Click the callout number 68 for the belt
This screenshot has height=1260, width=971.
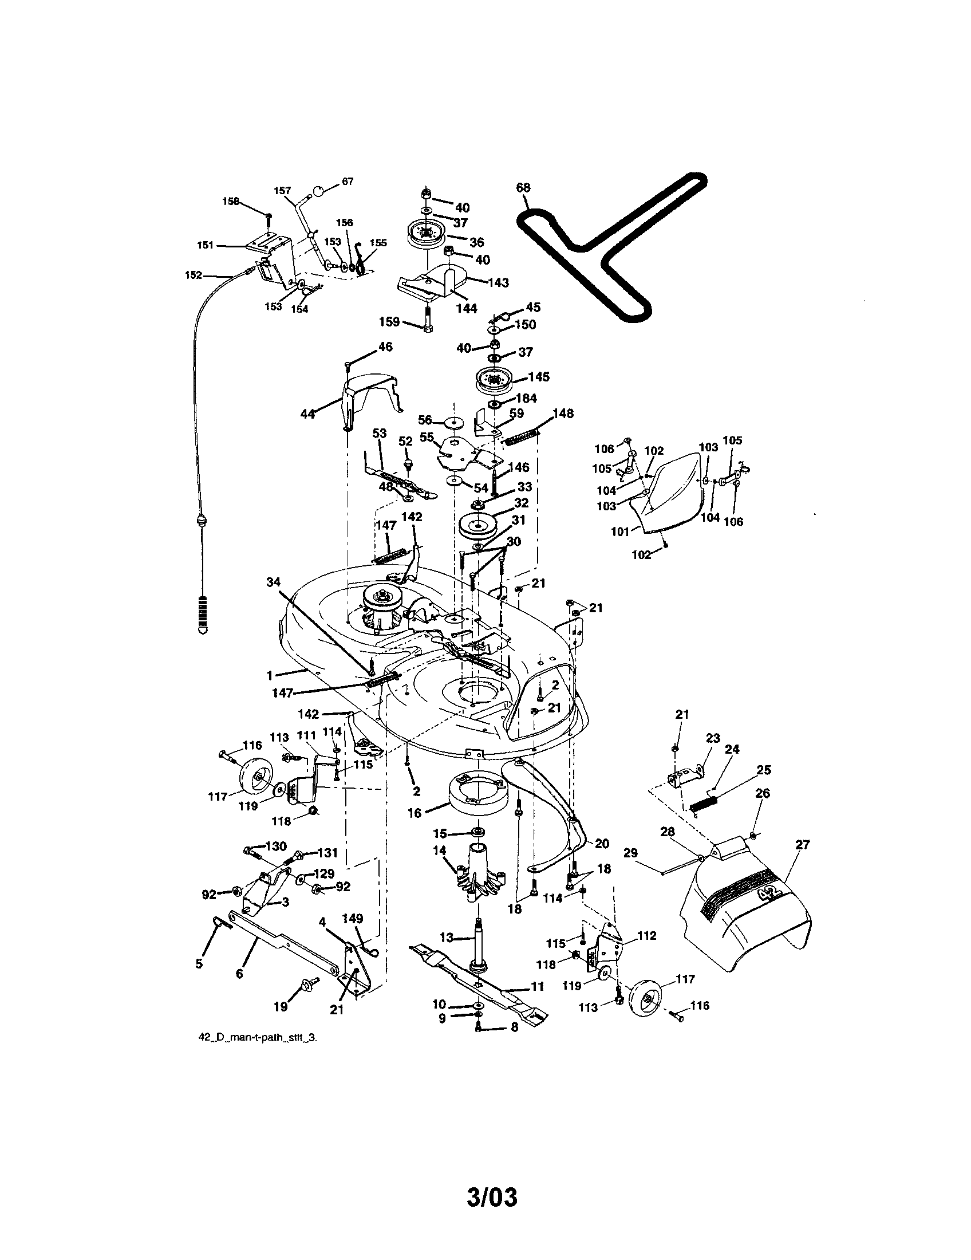click(x=523, y=187)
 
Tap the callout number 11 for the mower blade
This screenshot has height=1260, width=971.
click(x=538, y=987)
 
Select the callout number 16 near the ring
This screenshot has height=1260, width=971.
click(x=415, y=813)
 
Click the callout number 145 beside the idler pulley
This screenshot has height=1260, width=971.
click(x=539, y=377)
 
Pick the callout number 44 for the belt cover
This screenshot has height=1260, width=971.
click(x=308, y=414)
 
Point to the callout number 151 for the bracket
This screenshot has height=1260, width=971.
click(x=205, y=245)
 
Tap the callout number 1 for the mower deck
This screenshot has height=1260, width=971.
click(x=269, y=675)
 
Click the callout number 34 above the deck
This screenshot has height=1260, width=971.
click(x=273, y=582)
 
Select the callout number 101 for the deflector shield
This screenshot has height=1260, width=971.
click(x=621, y=531)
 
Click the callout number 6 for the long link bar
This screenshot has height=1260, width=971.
click(x=239, y=974)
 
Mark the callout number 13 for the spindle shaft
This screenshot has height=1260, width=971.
click(x=447, y=938)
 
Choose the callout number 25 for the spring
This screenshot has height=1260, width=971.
click(x=764, y=770)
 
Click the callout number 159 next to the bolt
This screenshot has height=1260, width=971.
click(x=390, y=321)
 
